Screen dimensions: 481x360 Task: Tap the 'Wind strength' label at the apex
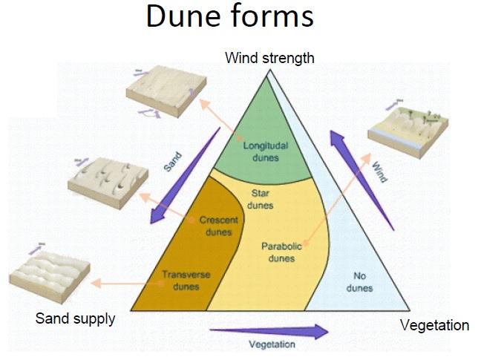click(270, 57)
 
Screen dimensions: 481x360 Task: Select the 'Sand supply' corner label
click(76, 319)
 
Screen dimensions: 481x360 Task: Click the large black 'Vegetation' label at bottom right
click(434, 325)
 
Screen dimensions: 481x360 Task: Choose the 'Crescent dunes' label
click(218, 226)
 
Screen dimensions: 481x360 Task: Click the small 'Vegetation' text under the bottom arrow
click(272, 344)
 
